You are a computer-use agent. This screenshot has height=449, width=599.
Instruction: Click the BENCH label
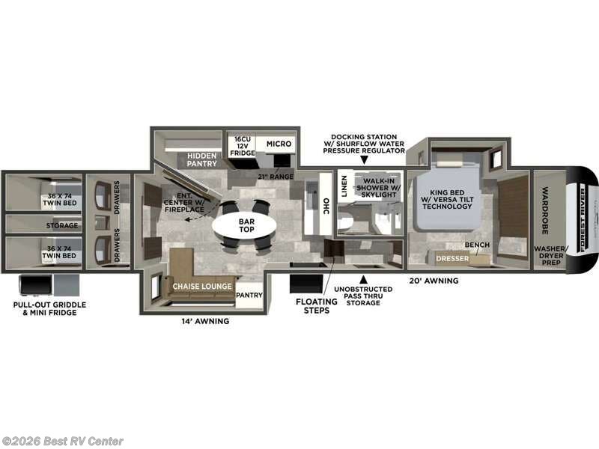tap(477, 245)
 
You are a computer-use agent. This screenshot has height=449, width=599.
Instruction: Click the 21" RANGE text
tap(276, 176)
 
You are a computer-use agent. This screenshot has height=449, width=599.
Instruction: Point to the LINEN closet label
tap(344, 190)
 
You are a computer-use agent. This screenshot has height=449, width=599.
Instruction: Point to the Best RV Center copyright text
tap(63, 441)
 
